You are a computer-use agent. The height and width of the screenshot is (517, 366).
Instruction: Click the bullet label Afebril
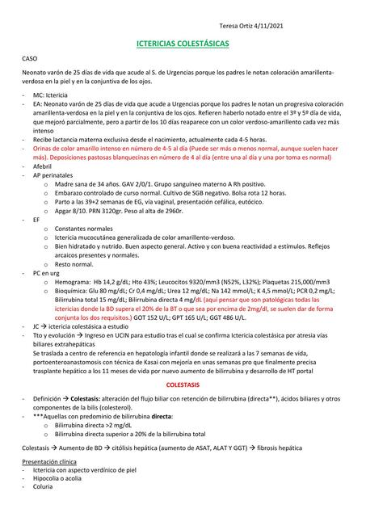click(x=44, y=165)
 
